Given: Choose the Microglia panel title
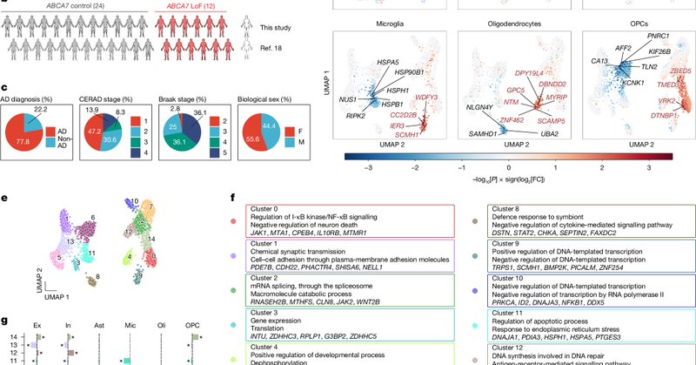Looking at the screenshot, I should point(389,26).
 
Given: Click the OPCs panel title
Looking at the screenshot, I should point(641,26).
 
